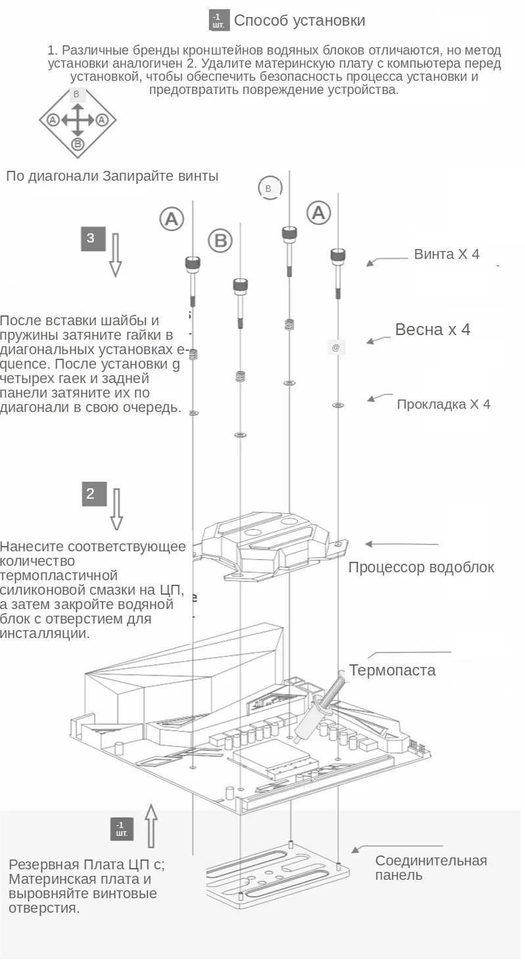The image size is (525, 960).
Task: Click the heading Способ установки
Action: click(x=300, y=20)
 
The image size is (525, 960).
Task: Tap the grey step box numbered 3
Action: click(x=91, y=238)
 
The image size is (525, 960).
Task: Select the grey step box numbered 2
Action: click(x=91, y=493)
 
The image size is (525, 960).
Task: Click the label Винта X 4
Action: click(x=447, y=254)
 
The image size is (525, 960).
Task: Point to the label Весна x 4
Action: click(x=432, y=329)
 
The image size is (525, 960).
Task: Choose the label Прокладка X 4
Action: click(x=444, y=404)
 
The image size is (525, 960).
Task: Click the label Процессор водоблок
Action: click(x=421, y=567)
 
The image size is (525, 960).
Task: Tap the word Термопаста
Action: click(x=392, y=670)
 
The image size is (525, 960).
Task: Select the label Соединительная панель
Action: click(x=431, y=867)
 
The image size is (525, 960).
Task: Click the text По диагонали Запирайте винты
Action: click(x=112, y=176)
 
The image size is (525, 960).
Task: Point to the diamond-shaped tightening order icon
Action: click(x=78, y=120)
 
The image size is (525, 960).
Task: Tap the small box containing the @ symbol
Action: click(x=336, y=348)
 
